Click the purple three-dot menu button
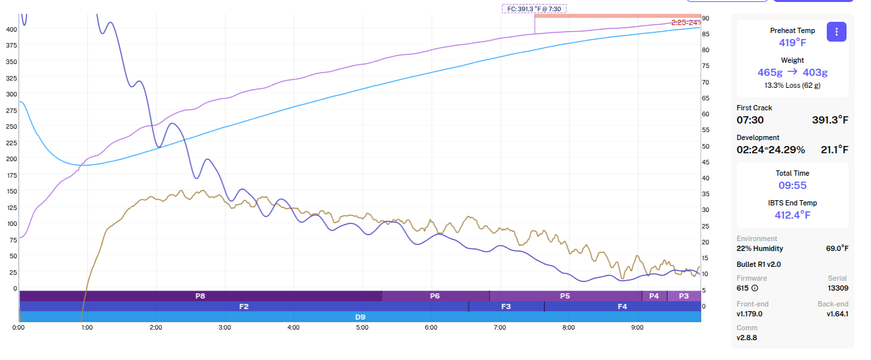(837, 32)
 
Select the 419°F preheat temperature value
(792, 42)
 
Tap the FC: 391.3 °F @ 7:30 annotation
(534, 9)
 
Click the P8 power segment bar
(200, 296)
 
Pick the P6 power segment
(435, 296)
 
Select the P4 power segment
(654, 296)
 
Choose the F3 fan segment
(506, 306)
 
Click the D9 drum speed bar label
(360, 317)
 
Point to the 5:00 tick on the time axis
(363, 327)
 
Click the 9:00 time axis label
(637, 327)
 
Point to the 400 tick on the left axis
(12, 30)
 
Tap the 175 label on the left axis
(12, 175)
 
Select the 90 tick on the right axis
(705, 18)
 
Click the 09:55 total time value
(792, 186)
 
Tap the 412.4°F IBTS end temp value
(792, 215)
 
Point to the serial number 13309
(837, 288)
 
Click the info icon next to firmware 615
(755, 288)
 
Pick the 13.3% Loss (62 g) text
(792, 85)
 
